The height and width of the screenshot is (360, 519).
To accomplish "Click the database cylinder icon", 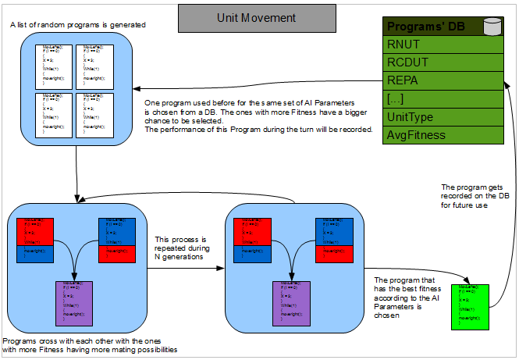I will tap(492, 27).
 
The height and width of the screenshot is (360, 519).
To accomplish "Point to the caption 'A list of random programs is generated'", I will tap(79, 26).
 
